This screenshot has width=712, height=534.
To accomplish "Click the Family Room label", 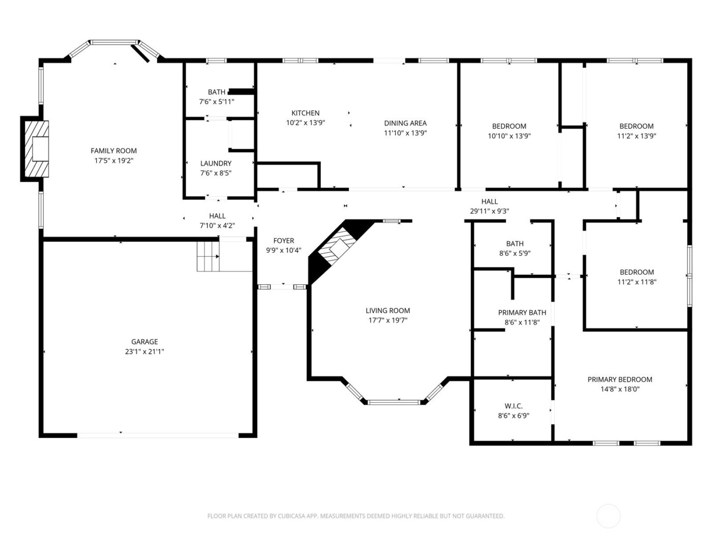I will pos(113,151).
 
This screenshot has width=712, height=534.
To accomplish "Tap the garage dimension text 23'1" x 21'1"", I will pos(144,351).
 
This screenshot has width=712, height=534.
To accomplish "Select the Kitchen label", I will pos(305,113).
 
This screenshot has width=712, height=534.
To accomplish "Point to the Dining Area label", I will pos(405,123).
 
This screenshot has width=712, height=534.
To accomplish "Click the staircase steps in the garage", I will pos(208,256).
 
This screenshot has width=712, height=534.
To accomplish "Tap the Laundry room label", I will pos(216,163).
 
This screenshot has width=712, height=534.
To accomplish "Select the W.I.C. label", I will pos(513,406).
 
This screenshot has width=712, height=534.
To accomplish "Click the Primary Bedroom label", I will pos(619,379).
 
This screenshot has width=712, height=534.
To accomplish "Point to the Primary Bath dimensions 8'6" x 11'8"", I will pos(522,322).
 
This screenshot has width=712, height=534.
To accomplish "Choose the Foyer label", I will pos(283,241).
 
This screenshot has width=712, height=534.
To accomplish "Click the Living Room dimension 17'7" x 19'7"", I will pos(388,320).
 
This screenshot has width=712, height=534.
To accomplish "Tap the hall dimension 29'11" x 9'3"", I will pos(489,212).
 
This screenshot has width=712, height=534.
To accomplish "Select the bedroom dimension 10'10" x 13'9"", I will pos(509,136).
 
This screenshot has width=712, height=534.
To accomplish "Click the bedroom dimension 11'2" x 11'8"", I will pos(636,282).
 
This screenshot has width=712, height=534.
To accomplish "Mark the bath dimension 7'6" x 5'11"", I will pos(217,102).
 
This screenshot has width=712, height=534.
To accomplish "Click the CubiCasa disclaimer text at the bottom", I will pos(355,516).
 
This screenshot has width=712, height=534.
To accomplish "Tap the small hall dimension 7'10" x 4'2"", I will pos(217,226).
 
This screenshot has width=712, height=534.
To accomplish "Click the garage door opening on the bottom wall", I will pos(158,435).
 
